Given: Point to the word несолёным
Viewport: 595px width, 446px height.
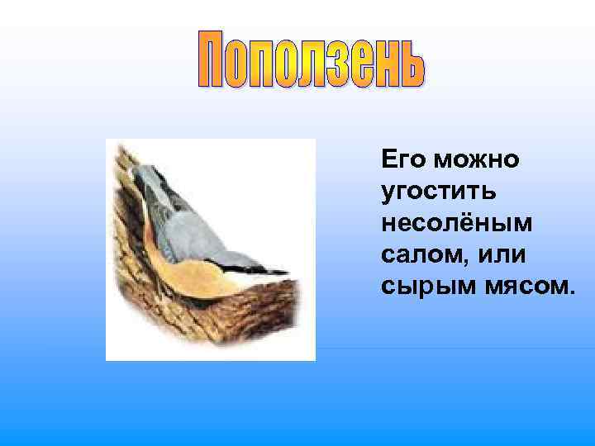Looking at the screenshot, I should click(457, 224).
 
